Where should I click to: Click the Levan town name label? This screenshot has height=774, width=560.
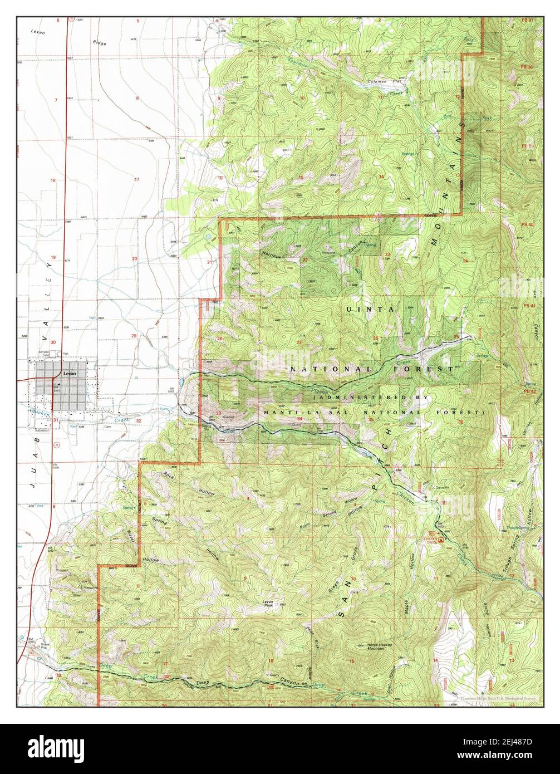click(x=69, y=374)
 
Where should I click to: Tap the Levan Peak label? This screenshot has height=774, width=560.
click(x=269, y=602)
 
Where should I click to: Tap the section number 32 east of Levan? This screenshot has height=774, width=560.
click(x=138, y=421)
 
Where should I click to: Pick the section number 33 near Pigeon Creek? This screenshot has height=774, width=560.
click(x=218, y=413)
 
